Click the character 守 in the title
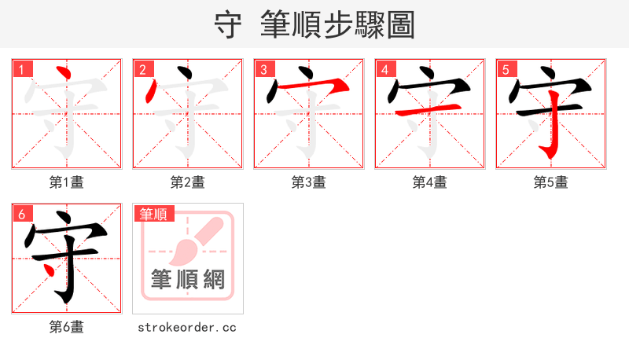[x=228, y=24]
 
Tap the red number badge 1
[x=21, y=69]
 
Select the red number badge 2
[x=142, y=69]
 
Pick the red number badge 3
[x=263, y=69]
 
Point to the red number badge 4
[x=384, y=69]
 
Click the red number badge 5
[x=506, y=69]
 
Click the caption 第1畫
[x=67, y=182]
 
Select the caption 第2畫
[x=188, y=182]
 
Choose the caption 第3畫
[x=309, y=182]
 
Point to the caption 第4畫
[x=430, y=182]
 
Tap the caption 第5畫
[x=551, y=182]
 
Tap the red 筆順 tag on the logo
[x=154, y=214]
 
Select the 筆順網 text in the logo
[x=188, y=279]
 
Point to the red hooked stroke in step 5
[x=554, y=126]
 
